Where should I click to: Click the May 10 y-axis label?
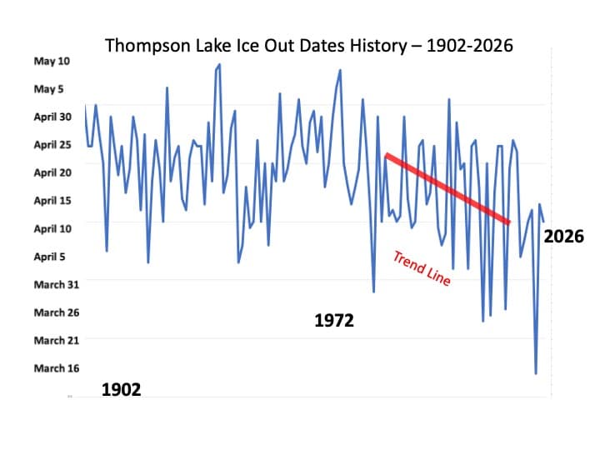52,61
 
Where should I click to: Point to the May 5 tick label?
54,89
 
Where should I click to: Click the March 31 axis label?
56,284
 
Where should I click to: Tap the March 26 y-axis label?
56,312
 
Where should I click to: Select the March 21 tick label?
56,340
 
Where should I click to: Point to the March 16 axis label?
56,368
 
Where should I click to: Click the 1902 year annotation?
121,389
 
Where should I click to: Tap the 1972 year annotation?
334,320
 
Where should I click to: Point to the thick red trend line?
447,188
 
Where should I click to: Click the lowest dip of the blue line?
536,373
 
